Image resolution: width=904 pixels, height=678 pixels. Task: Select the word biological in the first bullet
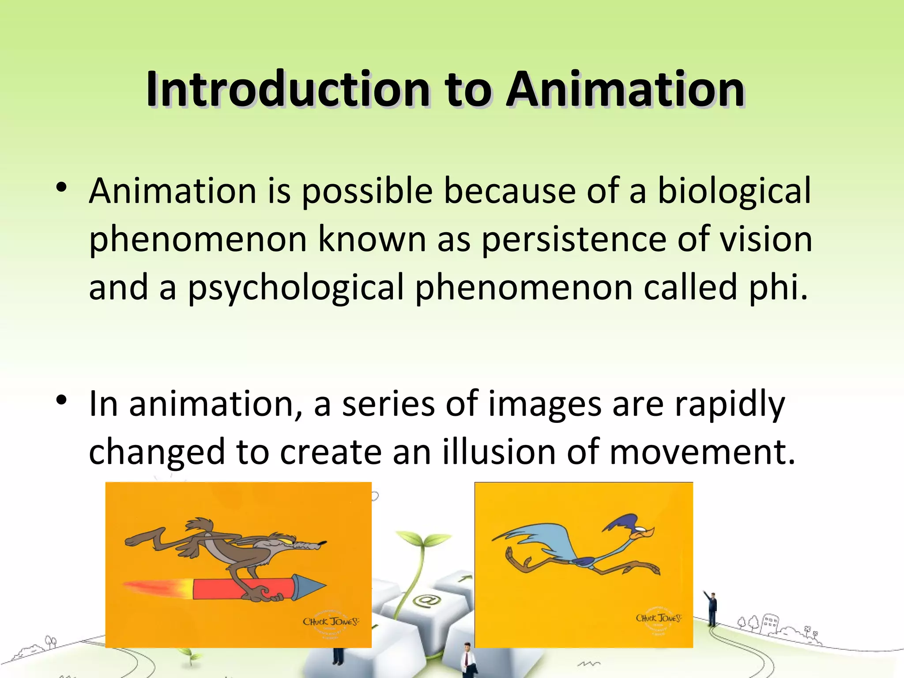pos(734,191)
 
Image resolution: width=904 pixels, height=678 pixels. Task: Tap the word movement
pos(702,452)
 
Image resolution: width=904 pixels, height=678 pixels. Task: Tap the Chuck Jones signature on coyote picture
pos(331,621)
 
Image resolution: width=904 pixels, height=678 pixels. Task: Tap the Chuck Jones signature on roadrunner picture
pos(658,618)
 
